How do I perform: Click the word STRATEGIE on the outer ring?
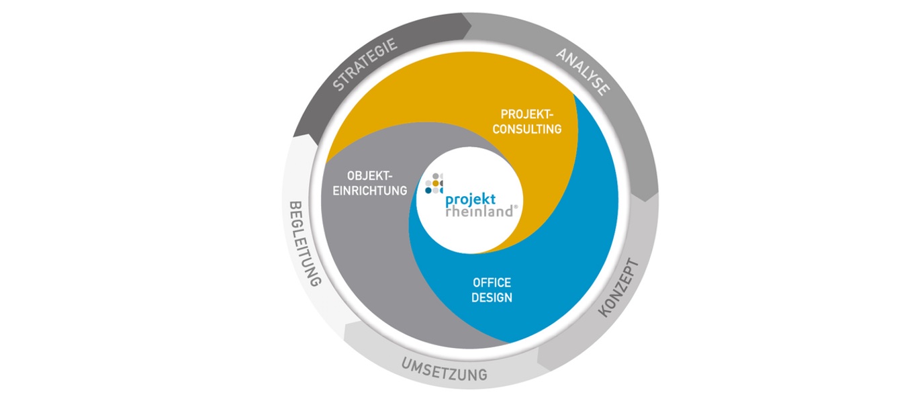pos(365,64)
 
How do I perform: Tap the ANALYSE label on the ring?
pos(583,72)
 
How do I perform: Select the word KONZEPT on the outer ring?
pos(618,287)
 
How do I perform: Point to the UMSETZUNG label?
pos(445,369)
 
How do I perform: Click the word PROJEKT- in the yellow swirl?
pos(526,114)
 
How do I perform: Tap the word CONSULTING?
pos(526,129)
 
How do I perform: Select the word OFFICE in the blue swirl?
pos(492,283)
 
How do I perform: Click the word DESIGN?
pos(492,298)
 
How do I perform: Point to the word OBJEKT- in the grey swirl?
pos(369,176)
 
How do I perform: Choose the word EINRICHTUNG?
pos(369,191)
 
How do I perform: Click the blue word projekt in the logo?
pos(470,200)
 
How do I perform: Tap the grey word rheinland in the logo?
pos(479,211)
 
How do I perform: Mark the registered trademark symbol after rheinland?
pos(516,207)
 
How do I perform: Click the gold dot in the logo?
pos(436,183)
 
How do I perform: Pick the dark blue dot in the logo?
pos(428,191)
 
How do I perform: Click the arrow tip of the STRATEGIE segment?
pos(471,28)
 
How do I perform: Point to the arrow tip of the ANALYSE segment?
pos(646,201)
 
